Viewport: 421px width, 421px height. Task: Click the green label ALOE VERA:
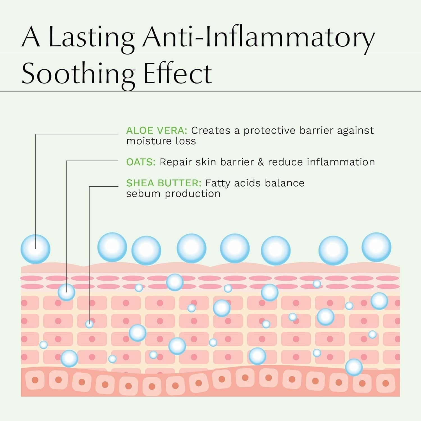(156, 131)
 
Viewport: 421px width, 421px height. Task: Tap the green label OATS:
(141, 162)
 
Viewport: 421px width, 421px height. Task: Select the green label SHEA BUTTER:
(164, 183)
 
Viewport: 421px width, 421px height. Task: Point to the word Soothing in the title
(78, 74)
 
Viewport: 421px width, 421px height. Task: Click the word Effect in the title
(178, 74)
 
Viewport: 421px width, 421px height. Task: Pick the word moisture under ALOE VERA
(148, 141)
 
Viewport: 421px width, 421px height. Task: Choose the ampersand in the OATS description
(261, 162)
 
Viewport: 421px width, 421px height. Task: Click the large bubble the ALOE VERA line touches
(35, 249)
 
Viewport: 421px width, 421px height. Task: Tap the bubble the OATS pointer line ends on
(67, 292)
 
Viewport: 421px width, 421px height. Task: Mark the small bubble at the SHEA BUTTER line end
(89, 324)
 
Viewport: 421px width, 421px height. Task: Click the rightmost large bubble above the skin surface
(376, 247)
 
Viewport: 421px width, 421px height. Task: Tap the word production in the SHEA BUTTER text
(193, 194)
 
